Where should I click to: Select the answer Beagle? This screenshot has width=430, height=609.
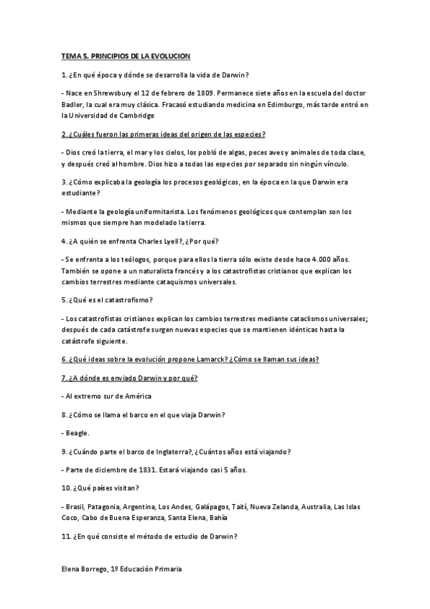pyautogui.click(x=78, y=433)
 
